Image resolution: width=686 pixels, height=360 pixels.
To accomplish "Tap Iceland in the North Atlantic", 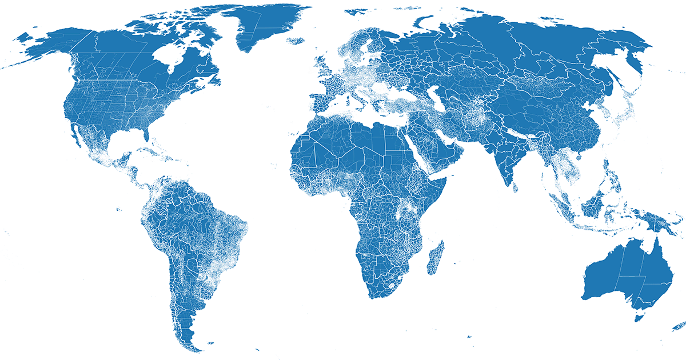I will coord(297,41).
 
